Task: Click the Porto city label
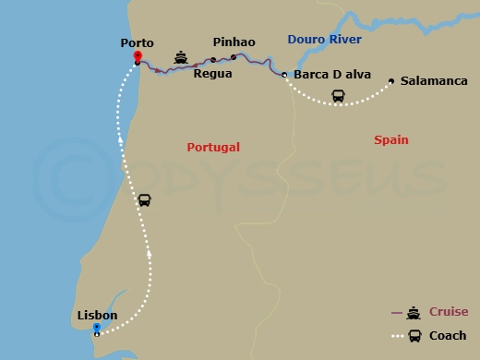(137, 42)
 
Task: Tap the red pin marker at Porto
(137, 57)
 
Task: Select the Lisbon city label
(97, 316)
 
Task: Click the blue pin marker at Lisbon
(97, 328)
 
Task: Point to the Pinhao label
(234, 42)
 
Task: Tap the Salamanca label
(434, 81)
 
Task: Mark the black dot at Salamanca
(391, 81)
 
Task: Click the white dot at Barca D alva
(284, 74)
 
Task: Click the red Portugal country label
(213, 147)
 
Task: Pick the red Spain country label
(391, 140)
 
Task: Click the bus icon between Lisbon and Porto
(144, 200)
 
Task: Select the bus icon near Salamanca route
(338, 94)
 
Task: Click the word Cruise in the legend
(449, 312)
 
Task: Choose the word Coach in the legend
(448, 335)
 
